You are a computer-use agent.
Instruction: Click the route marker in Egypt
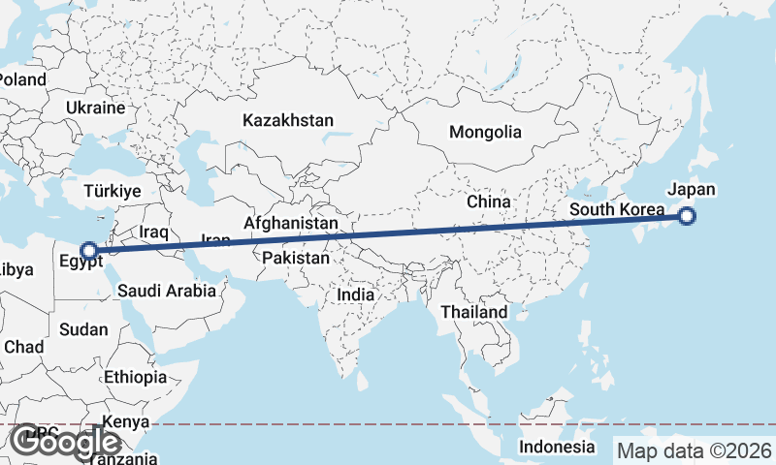88,250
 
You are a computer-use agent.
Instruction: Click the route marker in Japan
687,216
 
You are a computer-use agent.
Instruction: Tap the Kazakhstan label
288,121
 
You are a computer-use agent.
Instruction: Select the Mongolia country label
485,133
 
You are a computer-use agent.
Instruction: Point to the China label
488,201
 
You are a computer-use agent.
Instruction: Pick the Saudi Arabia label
166,290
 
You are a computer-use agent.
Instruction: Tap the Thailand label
474,312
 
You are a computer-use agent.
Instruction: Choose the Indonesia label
556,447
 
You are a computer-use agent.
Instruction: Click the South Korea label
617,209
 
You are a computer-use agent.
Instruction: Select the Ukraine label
96,108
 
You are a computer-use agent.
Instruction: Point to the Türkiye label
113,191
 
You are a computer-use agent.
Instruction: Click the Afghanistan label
291,223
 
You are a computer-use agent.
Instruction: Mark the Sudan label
83,329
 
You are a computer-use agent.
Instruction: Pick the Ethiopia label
135,377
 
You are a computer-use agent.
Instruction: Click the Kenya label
126,422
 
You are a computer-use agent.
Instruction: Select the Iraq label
154,232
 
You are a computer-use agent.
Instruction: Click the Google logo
66,443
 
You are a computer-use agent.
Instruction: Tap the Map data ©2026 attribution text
694,450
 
